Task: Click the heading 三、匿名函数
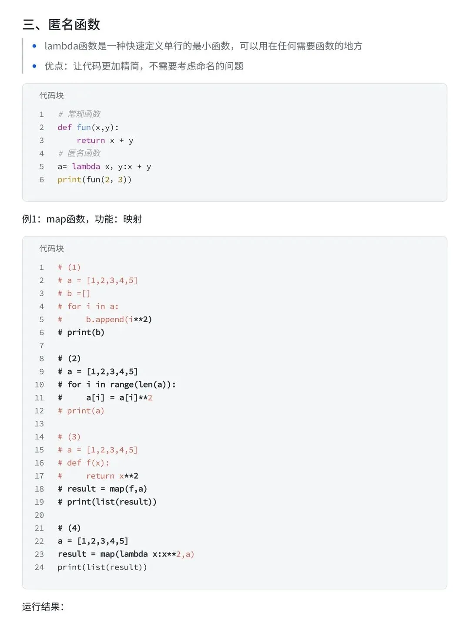61,24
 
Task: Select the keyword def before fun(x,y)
64,127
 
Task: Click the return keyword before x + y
91,140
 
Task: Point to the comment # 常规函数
79,114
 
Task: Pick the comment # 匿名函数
79,153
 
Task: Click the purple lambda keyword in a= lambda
86,166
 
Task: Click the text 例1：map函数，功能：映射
82,219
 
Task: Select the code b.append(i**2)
119,319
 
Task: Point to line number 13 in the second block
39,424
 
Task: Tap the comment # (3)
69,437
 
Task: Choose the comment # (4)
69,528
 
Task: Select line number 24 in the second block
39,567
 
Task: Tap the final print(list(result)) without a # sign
102,567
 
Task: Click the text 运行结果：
43,607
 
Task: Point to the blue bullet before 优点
34,66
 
